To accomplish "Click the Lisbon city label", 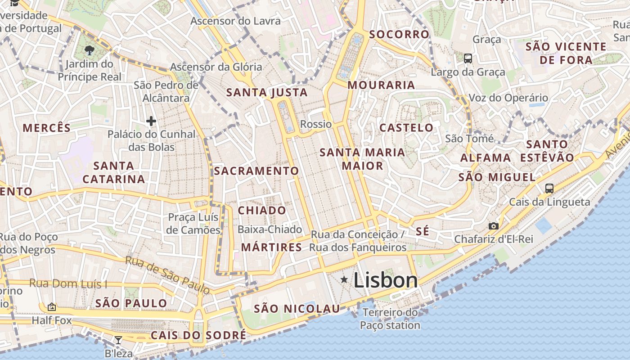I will coord(386,280).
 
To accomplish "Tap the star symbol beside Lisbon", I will coord(344,280).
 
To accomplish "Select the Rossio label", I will coord(316,124).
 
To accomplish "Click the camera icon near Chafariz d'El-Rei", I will coord(493,226).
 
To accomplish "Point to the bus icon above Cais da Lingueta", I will coord(549,189).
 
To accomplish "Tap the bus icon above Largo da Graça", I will coord(468,58).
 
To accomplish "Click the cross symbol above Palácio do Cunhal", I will coord(151,121).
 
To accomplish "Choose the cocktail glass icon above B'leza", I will coord(118,340).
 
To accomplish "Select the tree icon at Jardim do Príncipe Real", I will coord(90,50).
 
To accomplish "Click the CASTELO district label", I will coord(406,128).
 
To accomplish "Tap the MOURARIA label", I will coord(381,85).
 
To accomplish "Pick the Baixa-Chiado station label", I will coord(270,229).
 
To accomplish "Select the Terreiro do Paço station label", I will coord(390,319).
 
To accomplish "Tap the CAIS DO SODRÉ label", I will coord(198,335).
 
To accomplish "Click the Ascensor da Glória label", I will coord(216,67).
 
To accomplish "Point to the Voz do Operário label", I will coord(508,98).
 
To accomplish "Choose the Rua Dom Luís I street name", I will coord(68,284).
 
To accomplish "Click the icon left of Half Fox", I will coord(52,307).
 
